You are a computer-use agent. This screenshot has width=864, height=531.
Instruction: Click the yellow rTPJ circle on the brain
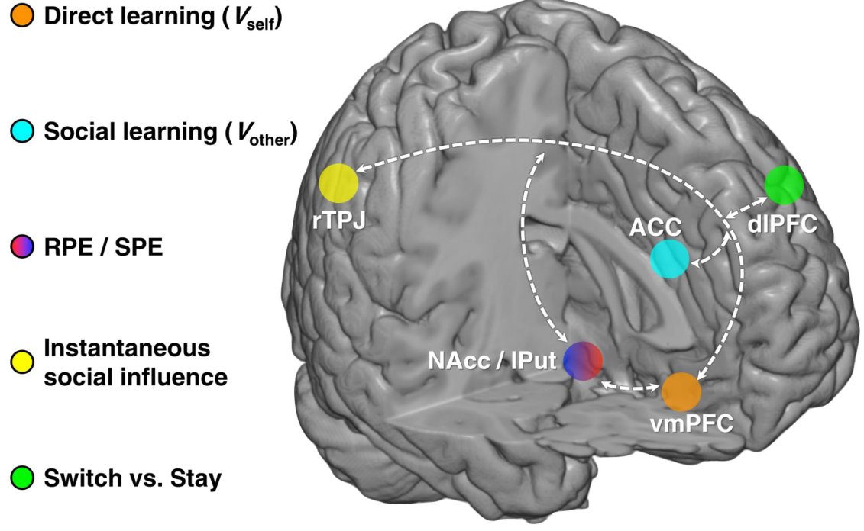(x=338, y=183)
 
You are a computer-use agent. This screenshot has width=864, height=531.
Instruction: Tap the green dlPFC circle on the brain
(x=784, y=185)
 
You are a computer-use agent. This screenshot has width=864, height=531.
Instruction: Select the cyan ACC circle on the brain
(x=669, y=259)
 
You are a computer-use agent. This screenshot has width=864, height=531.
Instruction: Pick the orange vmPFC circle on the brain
(x=681, y=391)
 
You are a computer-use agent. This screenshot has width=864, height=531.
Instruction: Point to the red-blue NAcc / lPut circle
(x=584, y=360)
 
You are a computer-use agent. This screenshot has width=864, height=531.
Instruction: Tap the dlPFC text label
(x=783, y=224)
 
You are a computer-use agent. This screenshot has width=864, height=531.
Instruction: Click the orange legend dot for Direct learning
(x=21, y=17)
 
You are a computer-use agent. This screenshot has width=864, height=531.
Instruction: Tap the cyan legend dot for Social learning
(x=21, y=133)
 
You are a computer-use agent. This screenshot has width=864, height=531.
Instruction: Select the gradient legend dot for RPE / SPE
(x=21, y=248)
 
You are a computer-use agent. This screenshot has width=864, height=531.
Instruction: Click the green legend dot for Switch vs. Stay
(x=21, y=478)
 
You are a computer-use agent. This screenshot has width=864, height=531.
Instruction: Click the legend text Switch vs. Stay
(x=133, y=479)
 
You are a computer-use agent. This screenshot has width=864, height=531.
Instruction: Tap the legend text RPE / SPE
(x=103, y=248)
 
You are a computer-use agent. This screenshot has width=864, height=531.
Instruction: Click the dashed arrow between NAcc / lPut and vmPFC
(x=631, y=387)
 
